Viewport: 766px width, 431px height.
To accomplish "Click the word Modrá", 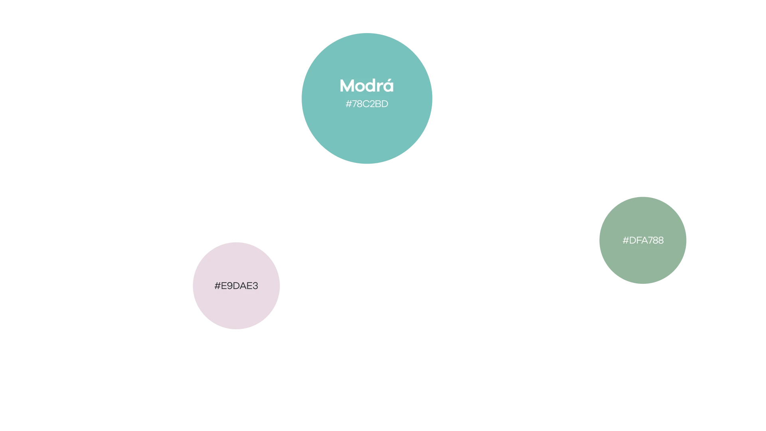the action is point(367,85).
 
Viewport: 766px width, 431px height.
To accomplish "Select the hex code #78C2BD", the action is point(367,104).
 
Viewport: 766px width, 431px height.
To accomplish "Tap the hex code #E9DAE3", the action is point(236,286).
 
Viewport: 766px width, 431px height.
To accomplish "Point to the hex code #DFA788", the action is point(643,240).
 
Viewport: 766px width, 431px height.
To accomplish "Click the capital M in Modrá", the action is point(347,86).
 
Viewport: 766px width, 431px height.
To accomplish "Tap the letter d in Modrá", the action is point(371,85).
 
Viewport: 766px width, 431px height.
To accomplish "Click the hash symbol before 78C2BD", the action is point(348,104).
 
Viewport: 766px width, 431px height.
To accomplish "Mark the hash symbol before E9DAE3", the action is point(217,286).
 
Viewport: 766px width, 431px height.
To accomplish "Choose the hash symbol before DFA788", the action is point(626,240).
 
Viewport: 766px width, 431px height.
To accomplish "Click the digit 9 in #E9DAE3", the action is point(229,286).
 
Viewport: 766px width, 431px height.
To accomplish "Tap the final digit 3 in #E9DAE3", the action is point(255,286).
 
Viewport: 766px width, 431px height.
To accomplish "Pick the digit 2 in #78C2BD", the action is point(372,104).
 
